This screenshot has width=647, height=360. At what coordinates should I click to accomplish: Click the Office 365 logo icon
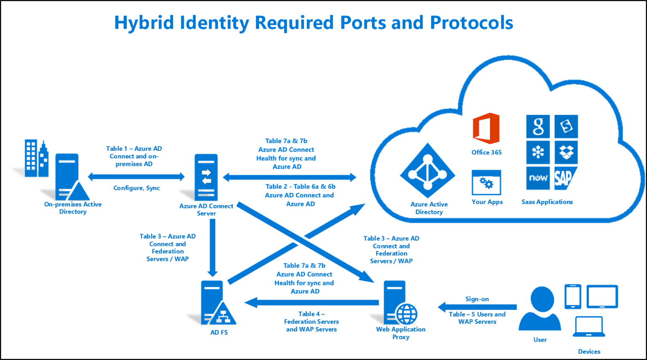tap(486, 128)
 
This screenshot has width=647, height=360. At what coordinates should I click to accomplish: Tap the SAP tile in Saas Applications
tap(566, 178)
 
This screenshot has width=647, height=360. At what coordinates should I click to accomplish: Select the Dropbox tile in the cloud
tap(566, 152)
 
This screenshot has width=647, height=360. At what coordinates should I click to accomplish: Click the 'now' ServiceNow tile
tap(538, 178)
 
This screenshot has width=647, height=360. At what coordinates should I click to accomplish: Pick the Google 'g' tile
tap(538, 126)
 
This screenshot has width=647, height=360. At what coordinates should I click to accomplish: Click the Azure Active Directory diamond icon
tap(428, 171)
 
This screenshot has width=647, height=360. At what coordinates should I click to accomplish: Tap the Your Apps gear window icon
tap(487, 182)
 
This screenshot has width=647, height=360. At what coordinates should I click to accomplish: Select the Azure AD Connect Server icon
tap(206, 177)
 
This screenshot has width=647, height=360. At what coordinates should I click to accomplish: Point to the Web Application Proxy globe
tap(406, 314)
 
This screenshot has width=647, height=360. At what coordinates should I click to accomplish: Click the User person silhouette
tap(540, 308)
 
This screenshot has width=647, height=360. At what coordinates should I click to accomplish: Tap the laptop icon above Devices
tap(589, 326)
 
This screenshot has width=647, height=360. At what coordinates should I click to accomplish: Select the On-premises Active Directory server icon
tap(70, 177)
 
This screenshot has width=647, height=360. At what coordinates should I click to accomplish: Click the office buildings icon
tap(36, 158)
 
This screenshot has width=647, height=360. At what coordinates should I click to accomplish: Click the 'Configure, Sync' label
tap(136, 188)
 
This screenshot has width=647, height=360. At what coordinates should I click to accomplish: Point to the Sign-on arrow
tap(477, 307)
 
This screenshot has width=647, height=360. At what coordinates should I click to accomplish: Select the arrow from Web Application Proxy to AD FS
tap(312, 303)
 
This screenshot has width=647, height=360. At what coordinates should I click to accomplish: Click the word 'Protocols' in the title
tap(471, 22)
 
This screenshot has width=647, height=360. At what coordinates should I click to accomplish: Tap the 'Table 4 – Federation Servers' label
tap(311, 317)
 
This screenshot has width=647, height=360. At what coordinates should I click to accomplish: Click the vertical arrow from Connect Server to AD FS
tap(213, 248)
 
